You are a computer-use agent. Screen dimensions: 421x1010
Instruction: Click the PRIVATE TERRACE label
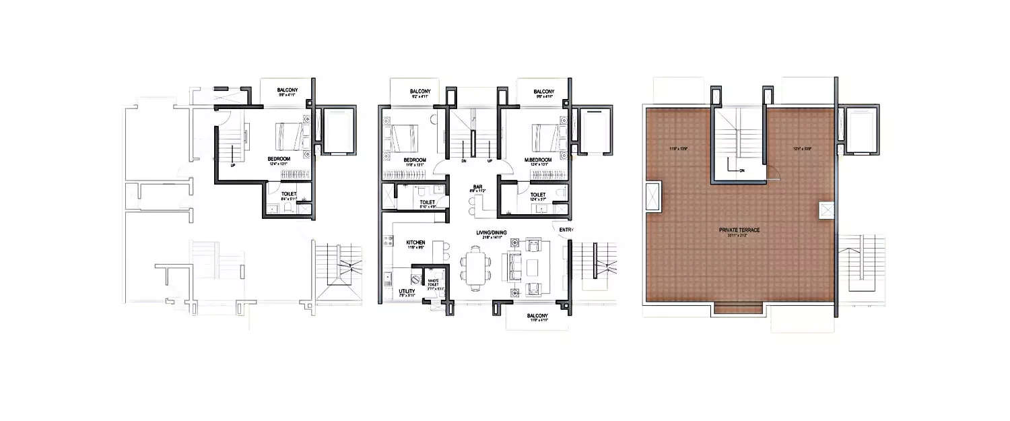[x=739, y=230]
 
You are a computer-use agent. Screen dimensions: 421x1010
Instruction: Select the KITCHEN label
[x=415, y=242]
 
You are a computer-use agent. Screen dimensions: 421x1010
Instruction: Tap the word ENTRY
[x=564, y=230]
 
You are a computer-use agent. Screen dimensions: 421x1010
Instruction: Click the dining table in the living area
[x=477, y=264]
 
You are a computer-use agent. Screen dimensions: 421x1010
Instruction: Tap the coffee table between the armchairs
[x=534, y=265]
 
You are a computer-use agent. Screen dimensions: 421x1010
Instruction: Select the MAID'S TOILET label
[x=434, y=282]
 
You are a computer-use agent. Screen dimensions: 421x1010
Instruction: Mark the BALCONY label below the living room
[x=537, y=317]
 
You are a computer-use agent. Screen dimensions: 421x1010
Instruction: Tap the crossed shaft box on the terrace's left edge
[x=652, y=197]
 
